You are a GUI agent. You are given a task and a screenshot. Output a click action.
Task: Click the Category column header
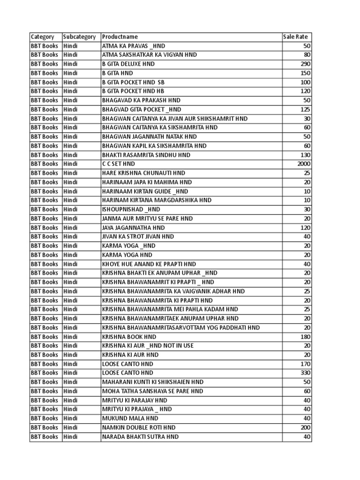[42, 37]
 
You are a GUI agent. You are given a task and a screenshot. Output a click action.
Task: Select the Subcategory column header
[80, 37]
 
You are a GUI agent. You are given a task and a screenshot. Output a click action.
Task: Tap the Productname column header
[120, 37]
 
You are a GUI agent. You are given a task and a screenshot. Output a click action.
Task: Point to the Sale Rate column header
[296, 37]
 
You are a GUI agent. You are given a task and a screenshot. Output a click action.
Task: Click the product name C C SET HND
[118, 164]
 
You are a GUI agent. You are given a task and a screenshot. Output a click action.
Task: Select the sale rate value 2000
[304, 164]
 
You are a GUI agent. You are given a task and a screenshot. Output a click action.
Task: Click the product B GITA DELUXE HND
[128, 64]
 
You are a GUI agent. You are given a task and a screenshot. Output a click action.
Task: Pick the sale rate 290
[306, 64]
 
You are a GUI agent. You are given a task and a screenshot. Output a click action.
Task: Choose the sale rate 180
[306, 337]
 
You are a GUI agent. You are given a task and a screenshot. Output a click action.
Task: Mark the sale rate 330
[306, 373]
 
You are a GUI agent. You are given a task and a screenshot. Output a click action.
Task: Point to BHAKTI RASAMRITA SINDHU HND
[146, 155]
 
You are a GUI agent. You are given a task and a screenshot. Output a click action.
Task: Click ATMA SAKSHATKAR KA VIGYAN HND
[149, 55]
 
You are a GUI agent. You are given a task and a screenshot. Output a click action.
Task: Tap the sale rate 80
[307, 55]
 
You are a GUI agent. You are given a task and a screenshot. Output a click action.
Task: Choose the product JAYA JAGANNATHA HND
[133, 228]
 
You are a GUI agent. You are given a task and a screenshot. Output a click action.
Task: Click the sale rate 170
[306, 364]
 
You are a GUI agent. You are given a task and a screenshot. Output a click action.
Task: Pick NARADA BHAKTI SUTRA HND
[140, 437]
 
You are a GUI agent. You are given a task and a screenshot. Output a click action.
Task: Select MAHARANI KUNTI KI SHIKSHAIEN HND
[153, 382]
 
